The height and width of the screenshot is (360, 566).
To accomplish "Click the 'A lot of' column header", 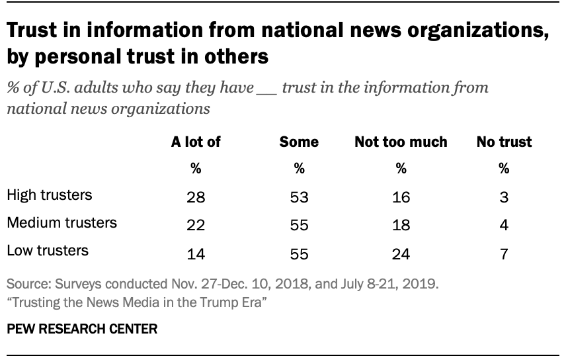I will coord(196,142).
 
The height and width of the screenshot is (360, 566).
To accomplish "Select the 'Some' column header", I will coord(299,142).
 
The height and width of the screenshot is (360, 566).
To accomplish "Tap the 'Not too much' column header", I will coord(401,142).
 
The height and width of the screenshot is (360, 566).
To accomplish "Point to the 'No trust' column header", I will coord(504,142).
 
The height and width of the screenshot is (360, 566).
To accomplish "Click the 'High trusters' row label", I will coord(49,195).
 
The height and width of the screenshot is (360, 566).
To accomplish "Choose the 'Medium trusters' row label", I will coord(61,223).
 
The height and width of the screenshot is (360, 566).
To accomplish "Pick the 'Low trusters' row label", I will coord(47,250).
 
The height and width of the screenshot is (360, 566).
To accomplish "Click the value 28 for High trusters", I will coord(196,197).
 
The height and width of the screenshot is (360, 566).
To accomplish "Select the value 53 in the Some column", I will coord(299,197).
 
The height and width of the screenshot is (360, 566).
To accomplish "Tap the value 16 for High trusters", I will coord(401,197).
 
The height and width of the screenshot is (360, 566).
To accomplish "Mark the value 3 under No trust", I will coord(504,197).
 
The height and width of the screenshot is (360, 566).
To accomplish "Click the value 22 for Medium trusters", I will coord(196,225).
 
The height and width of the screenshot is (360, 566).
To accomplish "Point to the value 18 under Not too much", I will coord(401,225).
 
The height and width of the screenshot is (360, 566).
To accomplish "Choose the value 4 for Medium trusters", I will coord(504,225).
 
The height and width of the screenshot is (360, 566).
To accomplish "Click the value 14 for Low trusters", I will coord(196,252).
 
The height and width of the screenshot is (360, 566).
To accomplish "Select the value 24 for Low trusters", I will coord(401,252).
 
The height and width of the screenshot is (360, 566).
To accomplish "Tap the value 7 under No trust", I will coord(504,252).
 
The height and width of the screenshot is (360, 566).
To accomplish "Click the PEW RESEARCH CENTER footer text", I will coord(82,329).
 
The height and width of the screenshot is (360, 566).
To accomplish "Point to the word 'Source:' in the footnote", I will coord(27,285).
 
